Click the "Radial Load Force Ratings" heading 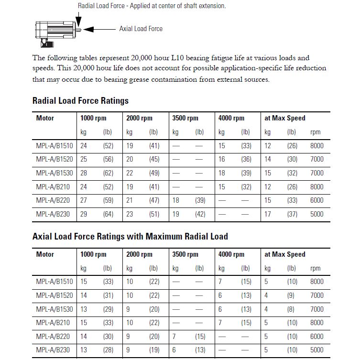pos(80,101)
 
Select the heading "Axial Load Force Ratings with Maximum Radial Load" pos(130,236)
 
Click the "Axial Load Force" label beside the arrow pos(141,29)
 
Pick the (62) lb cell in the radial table pos(108,173)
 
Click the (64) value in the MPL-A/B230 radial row pos(108,214)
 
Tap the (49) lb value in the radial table pos(153,173)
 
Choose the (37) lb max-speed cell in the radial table pos(292,214)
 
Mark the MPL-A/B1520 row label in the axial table pos(55,295)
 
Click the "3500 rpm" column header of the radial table pos(185,118)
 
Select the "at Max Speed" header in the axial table pos(284,254)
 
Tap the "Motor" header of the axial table pos(45,254)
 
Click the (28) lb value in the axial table pos(108,350)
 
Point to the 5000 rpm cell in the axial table pos(316,350)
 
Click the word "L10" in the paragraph pos(172,58)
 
